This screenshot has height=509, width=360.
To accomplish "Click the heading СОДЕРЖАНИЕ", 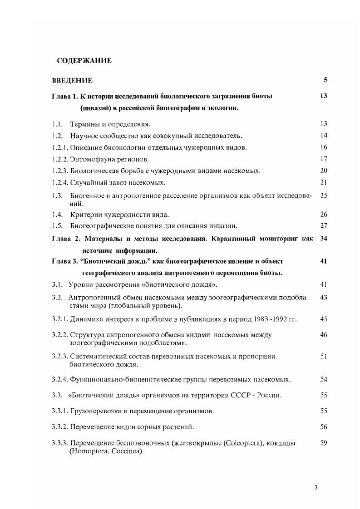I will click(x=84, y=60).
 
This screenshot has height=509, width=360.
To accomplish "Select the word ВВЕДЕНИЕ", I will click(x=73, y=80).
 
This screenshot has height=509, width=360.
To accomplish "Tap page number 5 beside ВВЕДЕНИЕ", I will click(x=325, y=80).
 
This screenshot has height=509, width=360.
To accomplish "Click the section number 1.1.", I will click(x=57, y=124).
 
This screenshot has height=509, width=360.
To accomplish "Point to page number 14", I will click(x=324, y=136).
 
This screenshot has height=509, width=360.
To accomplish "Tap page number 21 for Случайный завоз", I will click(x=324, y=182).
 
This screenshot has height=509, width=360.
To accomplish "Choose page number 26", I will click(x=324, y=214).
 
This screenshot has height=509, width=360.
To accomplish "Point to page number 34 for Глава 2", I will click(x=324, y=238).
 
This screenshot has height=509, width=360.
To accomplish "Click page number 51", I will click(x=324, y=357).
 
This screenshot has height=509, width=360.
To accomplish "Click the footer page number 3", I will click(x=316, y=488).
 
